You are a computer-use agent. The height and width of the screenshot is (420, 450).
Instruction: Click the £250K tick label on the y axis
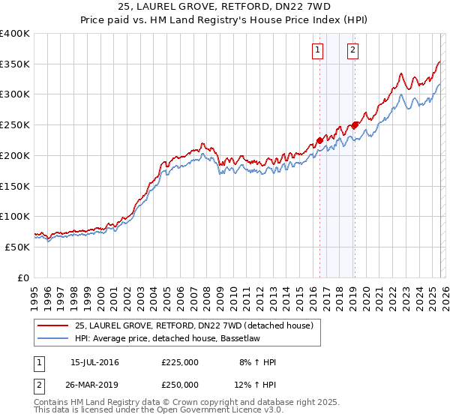click(15, 124)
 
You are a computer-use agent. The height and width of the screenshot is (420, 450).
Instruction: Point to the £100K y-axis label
click(15, 216)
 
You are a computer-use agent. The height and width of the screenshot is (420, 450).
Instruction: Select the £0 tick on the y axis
click(22, 277)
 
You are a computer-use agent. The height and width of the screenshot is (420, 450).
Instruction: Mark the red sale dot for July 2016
click(319, 139)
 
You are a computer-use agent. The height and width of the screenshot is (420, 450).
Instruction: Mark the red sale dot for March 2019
click(355, 124)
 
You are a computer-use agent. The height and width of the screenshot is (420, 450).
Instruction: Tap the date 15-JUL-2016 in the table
click(94, 362)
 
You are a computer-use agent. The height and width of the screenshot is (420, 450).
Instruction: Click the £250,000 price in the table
click(180, 384)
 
